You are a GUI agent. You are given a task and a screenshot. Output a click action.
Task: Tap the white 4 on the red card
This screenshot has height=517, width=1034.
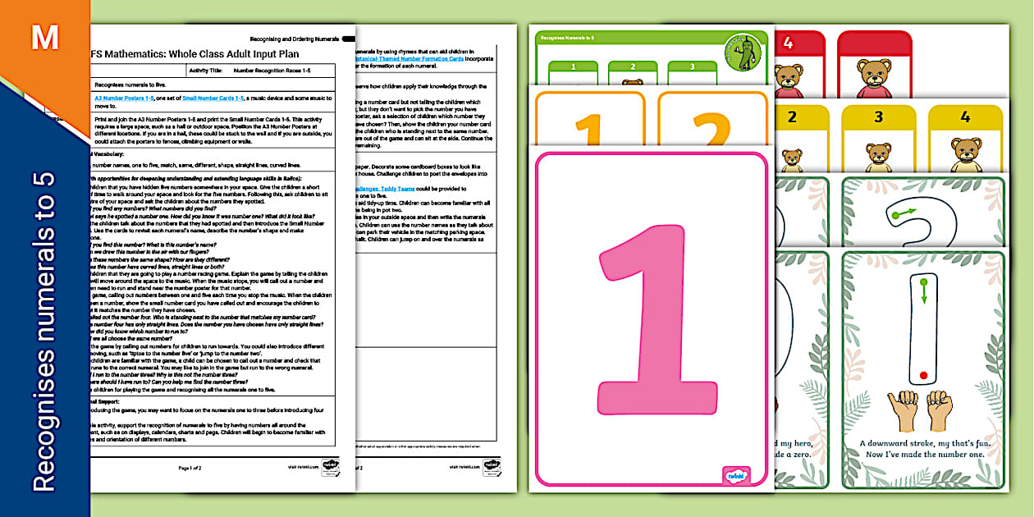[x=787, y=43]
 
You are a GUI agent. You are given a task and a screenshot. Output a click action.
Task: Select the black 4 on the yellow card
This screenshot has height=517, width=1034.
[x=965, y=117]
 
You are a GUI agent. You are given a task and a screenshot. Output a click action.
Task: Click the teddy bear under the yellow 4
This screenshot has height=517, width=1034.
[x=966, y=156]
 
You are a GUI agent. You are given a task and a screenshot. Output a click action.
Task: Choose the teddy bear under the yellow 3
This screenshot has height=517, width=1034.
[x=878, y=156]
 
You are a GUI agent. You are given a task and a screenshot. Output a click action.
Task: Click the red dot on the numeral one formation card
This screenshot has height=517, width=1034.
[x=924, y=375]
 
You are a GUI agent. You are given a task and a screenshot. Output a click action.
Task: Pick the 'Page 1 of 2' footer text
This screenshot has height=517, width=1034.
[x=190, y=467]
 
